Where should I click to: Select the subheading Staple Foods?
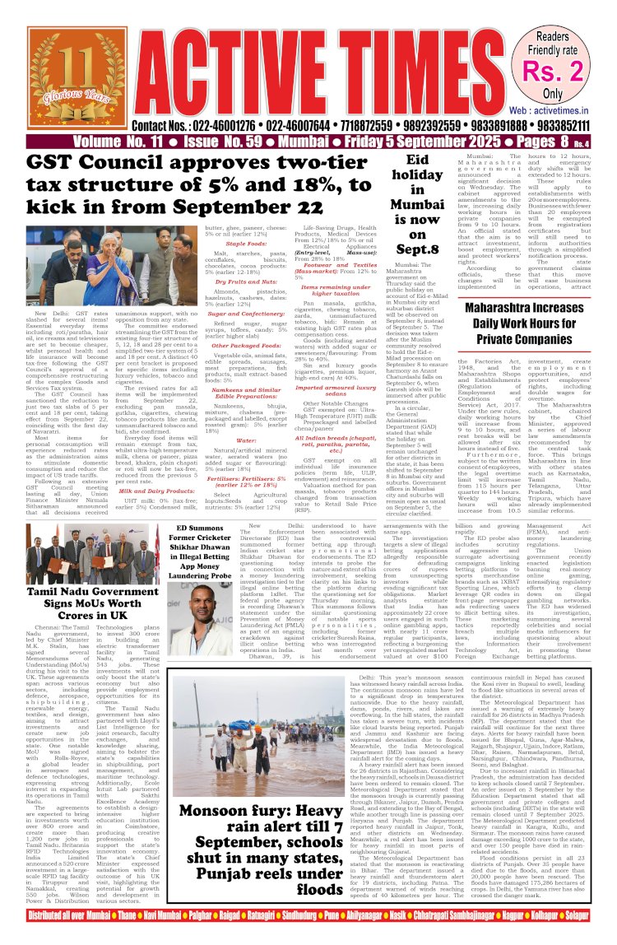[x=246, y=243]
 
